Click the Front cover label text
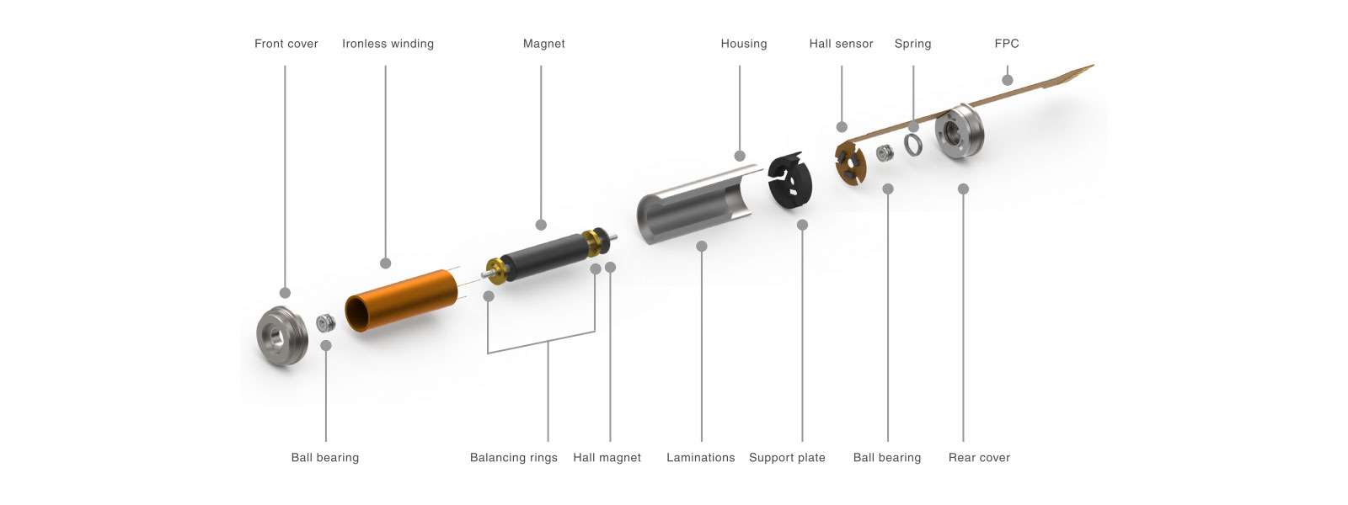pos(286,44)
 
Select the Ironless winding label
pos(388,44)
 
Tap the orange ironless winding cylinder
pos(401,300)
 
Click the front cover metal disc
pos(281,336)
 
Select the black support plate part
pos(791,180)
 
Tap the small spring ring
pos(913,145)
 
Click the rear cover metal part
pos(960,131)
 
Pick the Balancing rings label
pos(513,458)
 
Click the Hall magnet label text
pos(607,458)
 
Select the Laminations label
pos(700,458)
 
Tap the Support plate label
pos(787,458)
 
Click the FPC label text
pos(1007,44)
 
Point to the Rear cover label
pos(979,458)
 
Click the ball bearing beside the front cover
pos(326,323)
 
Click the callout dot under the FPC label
pos(1008,80)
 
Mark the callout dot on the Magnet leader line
pos(541,225)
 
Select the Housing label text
pos(744,44)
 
